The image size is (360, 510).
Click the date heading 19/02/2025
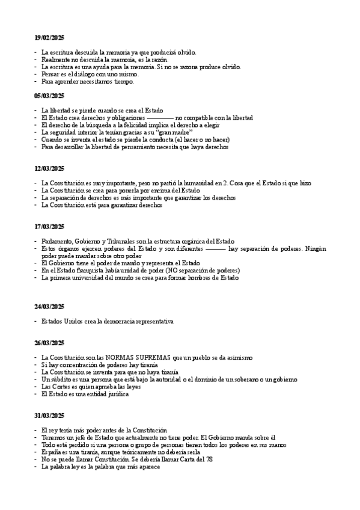pyautogui.click(x=49, y=38)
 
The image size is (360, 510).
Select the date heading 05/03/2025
pyautogui.click(x=49, y=96)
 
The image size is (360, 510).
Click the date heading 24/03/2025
pyautogui.click(x=49, y=307)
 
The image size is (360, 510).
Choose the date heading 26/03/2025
pyautogui.click(x=49, y=343)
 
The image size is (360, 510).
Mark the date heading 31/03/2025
pyautogui.click(x=49, y=416)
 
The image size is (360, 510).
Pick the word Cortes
pyautogui.click(x=61, y=387)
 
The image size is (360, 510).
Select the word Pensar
pyautogui.click(x=50, y=75)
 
